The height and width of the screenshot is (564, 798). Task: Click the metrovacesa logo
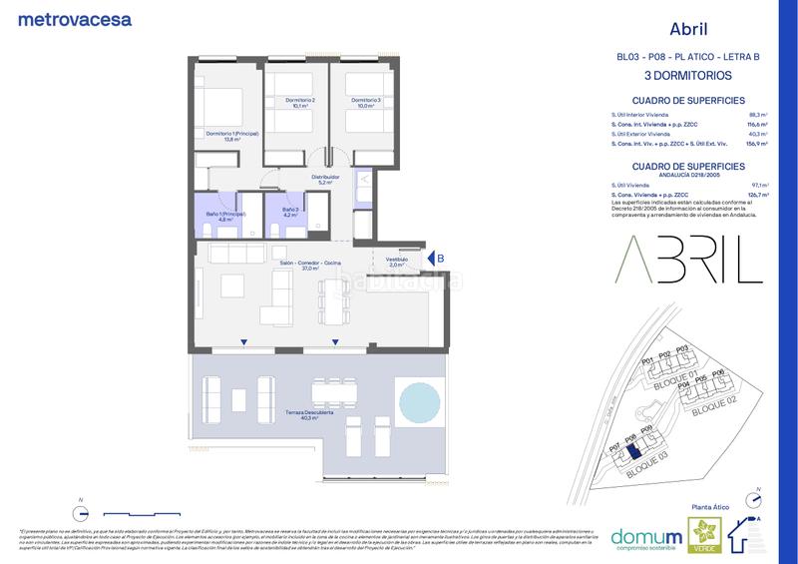click(75, 19)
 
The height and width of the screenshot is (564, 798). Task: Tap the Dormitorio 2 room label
click(297, 102)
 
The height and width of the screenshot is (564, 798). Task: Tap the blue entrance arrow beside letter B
click(428, 259)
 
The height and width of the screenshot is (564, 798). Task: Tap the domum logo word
click(639, 536)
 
